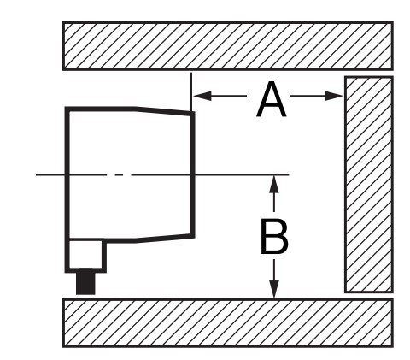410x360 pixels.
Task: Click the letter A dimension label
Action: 271,99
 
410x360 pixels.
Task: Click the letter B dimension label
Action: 274,236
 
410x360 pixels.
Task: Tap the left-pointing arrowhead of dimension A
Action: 202,96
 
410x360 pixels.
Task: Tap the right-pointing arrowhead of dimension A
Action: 334,96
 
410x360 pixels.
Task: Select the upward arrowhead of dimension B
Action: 274,185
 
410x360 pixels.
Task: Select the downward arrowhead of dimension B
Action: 274,289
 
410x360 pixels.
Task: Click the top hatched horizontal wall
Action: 228,46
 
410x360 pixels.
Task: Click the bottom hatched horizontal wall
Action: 228,323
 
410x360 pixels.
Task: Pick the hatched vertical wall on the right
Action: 369,185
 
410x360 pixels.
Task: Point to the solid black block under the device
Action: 85,283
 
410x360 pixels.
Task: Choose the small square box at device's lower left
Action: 85,255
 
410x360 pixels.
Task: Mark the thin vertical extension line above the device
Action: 191,91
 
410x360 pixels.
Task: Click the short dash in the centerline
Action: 120,174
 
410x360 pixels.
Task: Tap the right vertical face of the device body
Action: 193,174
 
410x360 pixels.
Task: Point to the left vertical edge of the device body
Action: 67,174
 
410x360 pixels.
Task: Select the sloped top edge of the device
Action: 165,111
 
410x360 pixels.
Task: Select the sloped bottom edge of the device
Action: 165,238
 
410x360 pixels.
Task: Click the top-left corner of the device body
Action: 66,107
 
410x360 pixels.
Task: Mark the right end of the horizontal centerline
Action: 289,174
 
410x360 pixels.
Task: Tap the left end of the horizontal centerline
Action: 36,174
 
